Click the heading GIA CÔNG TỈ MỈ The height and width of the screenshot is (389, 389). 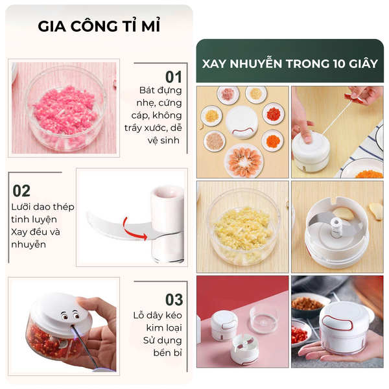point(99,25)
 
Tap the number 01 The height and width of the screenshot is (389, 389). point(173,77)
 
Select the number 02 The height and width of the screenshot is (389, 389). point(21,191)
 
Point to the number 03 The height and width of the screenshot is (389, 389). point(174,300)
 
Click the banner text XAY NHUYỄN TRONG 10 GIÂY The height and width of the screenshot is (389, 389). point(290,64)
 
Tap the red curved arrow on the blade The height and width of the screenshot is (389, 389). point(134,230)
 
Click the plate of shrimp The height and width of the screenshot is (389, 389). point(244,160)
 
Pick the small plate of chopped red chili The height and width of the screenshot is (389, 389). point(274,114)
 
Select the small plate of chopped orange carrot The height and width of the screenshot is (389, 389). point(273,141)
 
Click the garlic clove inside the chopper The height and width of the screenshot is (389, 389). point(344,214)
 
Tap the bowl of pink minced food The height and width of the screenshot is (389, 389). point(65,108)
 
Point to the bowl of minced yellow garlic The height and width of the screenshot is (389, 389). point(243,226)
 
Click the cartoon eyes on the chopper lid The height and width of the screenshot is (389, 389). point(71,314)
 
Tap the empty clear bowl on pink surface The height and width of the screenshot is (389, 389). point(265,318)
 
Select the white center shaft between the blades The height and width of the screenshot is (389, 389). point(336,226)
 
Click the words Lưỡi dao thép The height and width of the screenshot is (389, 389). point(43,207)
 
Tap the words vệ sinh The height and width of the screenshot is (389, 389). point(163,141)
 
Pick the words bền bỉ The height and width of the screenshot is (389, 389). point(168,353)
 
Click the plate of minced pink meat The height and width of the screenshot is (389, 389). point(228,94)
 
